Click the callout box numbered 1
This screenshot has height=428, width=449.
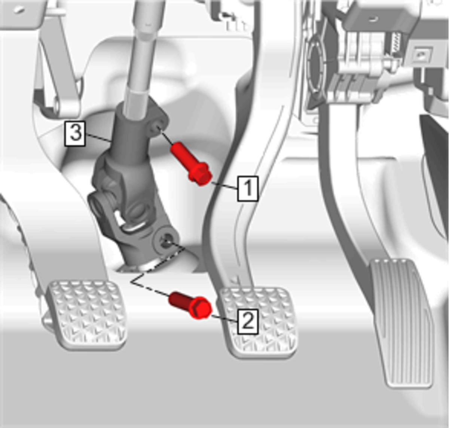click(x=248, y=189)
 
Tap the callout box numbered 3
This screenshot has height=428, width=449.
click(x=75, y=134)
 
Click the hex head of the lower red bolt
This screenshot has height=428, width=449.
click(x=201, y=308)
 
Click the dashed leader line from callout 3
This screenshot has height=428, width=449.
click(x=98, y=137)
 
